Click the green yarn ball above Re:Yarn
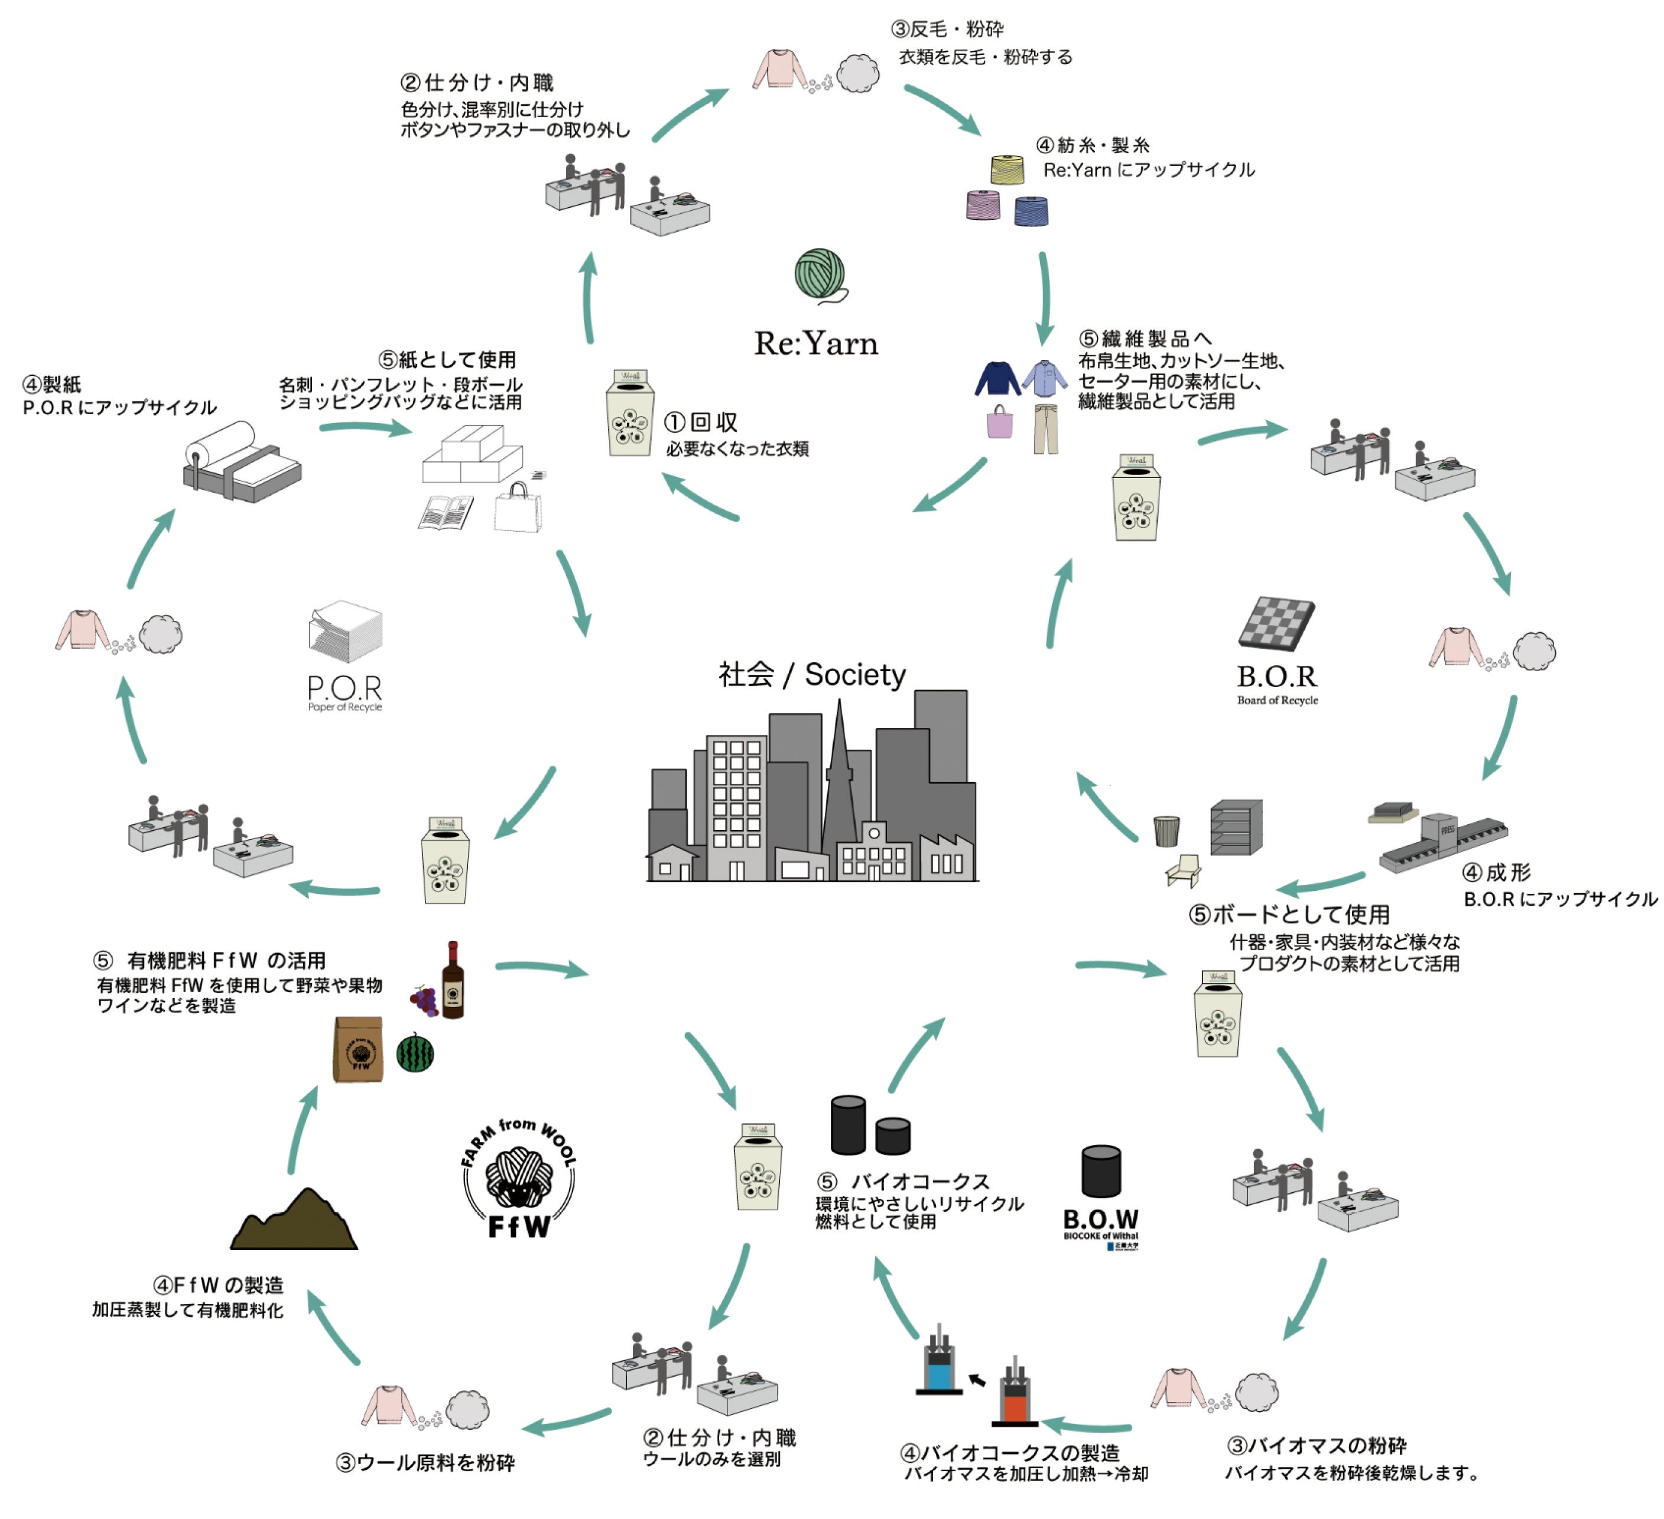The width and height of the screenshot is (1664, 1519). [820, 275]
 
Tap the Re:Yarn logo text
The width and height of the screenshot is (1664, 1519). [815, 343]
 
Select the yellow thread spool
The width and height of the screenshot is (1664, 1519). [1007, 169]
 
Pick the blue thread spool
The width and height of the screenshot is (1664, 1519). [1031, 210]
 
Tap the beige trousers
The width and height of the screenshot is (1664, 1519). [1046, 428]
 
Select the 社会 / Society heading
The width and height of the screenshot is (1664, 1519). [811, 674]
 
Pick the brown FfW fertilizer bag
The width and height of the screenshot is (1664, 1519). [357, 1049]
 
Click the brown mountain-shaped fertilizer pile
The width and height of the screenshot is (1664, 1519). [294, 1221]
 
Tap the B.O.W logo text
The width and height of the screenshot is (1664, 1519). [1100, 1219]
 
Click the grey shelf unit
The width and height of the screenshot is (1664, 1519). [1236, 827]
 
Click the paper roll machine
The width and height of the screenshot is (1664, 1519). [241, 464]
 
